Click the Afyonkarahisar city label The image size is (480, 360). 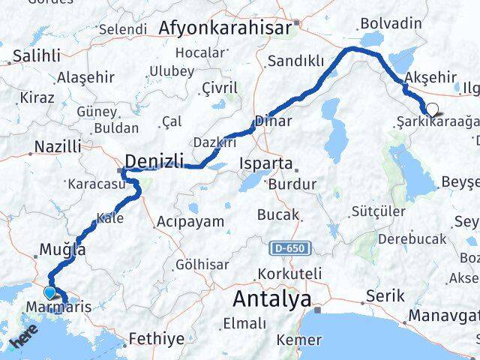point(225,28)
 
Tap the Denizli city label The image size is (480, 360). point(154,160)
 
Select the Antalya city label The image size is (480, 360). point(271,299)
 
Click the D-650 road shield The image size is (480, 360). point(289,247)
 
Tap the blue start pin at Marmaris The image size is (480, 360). point(50,293)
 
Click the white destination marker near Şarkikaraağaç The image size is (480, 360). point(432,108)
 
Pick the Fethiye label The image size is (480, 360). point(156,339)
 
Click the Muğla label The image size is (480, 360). point(63,250)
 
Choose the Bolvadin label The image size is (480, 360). point(390,23)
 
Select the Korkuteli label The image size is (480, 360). point(289,274)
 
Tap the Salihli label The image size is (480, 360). point(32,56)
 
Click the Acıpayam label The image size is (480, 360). point(190,221)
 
